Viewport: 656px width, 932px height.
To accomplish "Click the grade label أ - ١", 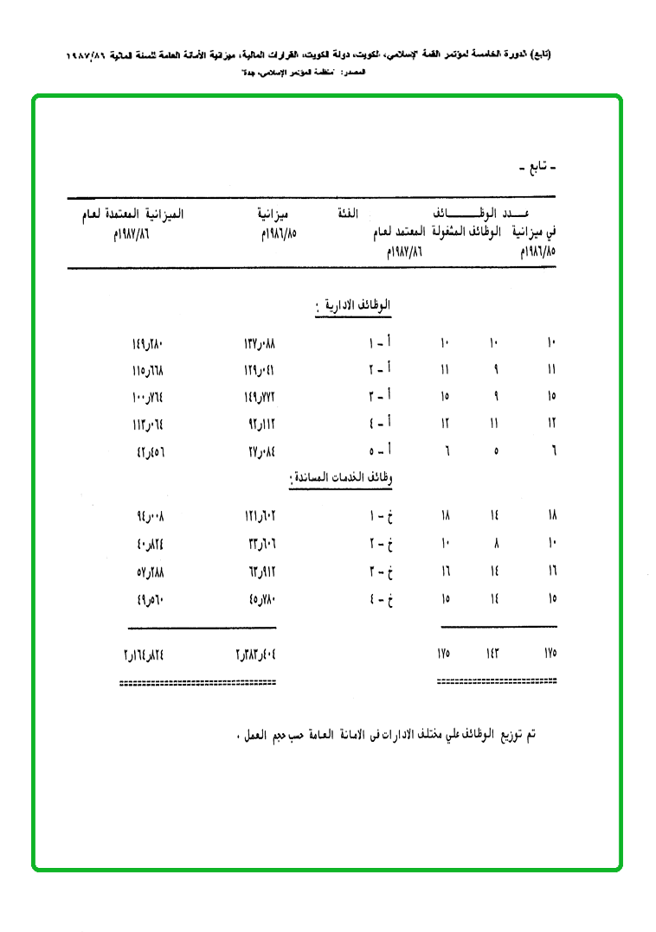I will [381, 344].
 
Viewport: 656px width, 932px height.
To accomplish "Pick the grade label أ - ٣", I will [381, 397].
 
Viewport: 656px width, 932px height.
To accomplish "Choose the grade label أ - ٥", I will [381, 450].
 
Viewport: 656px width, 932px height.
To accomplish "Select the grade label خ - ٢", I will [381, 544].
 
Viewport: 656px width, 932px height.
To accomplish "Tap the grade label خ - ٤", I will [381, 597].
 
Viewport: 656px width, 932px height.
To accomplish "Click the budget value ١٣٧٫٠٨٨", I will [260, 344].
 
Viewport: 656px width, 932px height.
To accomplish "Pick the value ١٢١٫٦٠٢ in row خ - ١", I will [260, 517].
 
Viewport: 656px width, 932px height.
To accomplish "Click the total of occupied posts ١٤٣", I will [493, 654].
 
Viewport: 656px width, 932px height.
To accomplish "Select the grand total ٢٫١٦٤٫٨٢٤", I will [143, 654].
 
